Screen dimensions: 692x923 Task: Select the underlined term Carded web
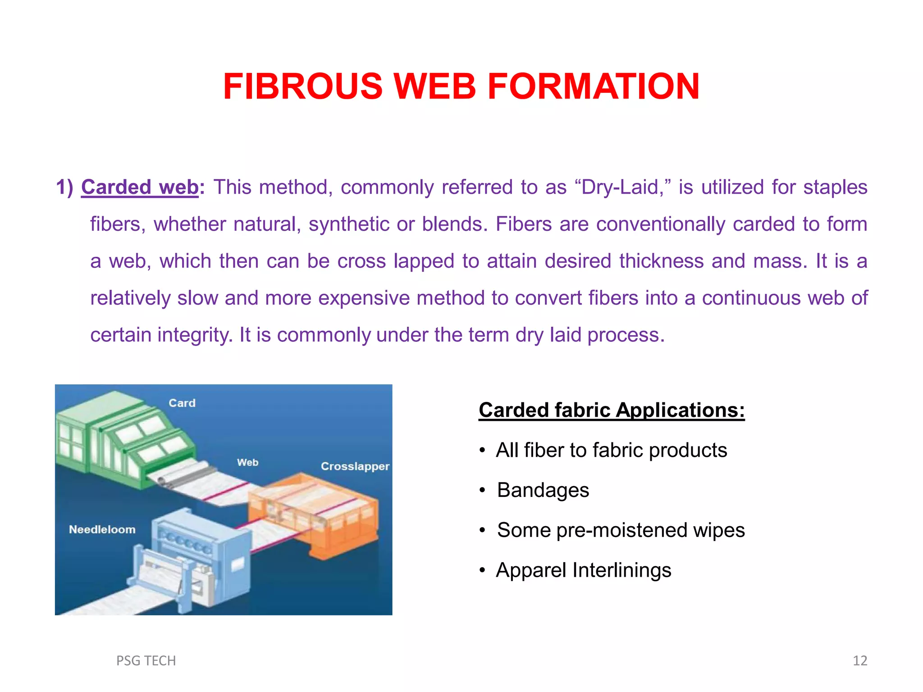140,187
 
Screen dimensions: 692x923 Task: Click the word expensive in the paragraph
364,298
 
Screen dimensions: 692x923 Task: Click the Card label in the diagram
182,403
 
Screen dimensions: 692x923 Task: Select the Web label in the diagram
247,462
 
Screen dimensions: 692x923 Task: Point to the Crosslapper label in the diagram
355,466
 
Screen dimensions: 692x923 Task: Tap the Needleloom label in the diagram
102,529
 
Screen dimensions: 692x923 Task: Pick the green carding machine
122,442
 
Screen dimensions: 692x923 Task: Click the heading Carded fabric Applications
612,410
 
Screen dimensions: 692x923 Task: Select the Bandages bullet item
543,490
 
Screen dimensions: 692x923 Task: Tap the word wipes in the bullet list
719,530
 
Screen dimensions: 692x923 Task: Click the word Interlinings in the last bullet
621,570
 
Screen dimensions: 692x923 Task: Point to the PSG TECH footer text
146,660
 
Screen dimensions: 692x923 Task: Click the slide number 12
860,660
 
